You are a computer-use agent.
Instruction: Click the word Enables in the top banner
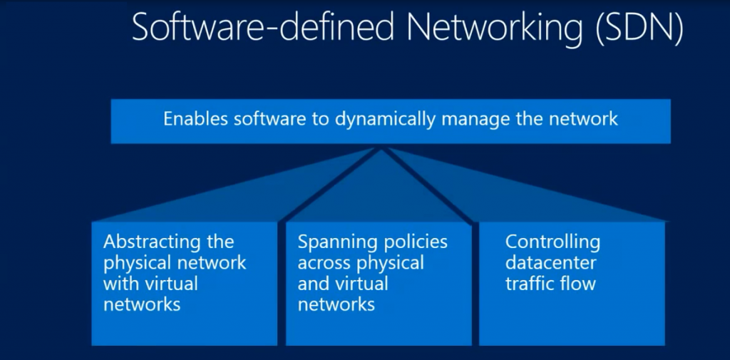[x=195, y=118]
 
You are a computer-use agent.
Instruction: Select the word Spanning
[x=329, y=242]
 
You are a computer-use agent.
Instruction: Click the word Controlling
[x=553, y=242]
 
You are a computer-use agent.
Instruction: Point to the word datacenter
[x=551, y=263]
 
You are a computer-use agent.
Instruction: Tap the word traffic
[x=530, y=284]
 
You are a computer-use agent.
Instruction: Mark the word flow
[x=578, y=284]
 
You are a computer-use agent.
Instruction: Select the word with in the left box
[x=120, y=284]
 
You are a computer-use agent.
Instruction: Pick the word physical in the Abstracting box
[x=135, y=263]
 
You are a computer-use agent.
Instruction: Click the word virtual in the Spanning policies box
[x=363, y=284]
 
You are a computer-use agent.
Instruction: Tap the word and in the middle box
[x=312, y=284]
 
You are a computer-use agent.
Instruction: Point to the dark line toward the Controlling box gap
[x=431, y=185]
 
